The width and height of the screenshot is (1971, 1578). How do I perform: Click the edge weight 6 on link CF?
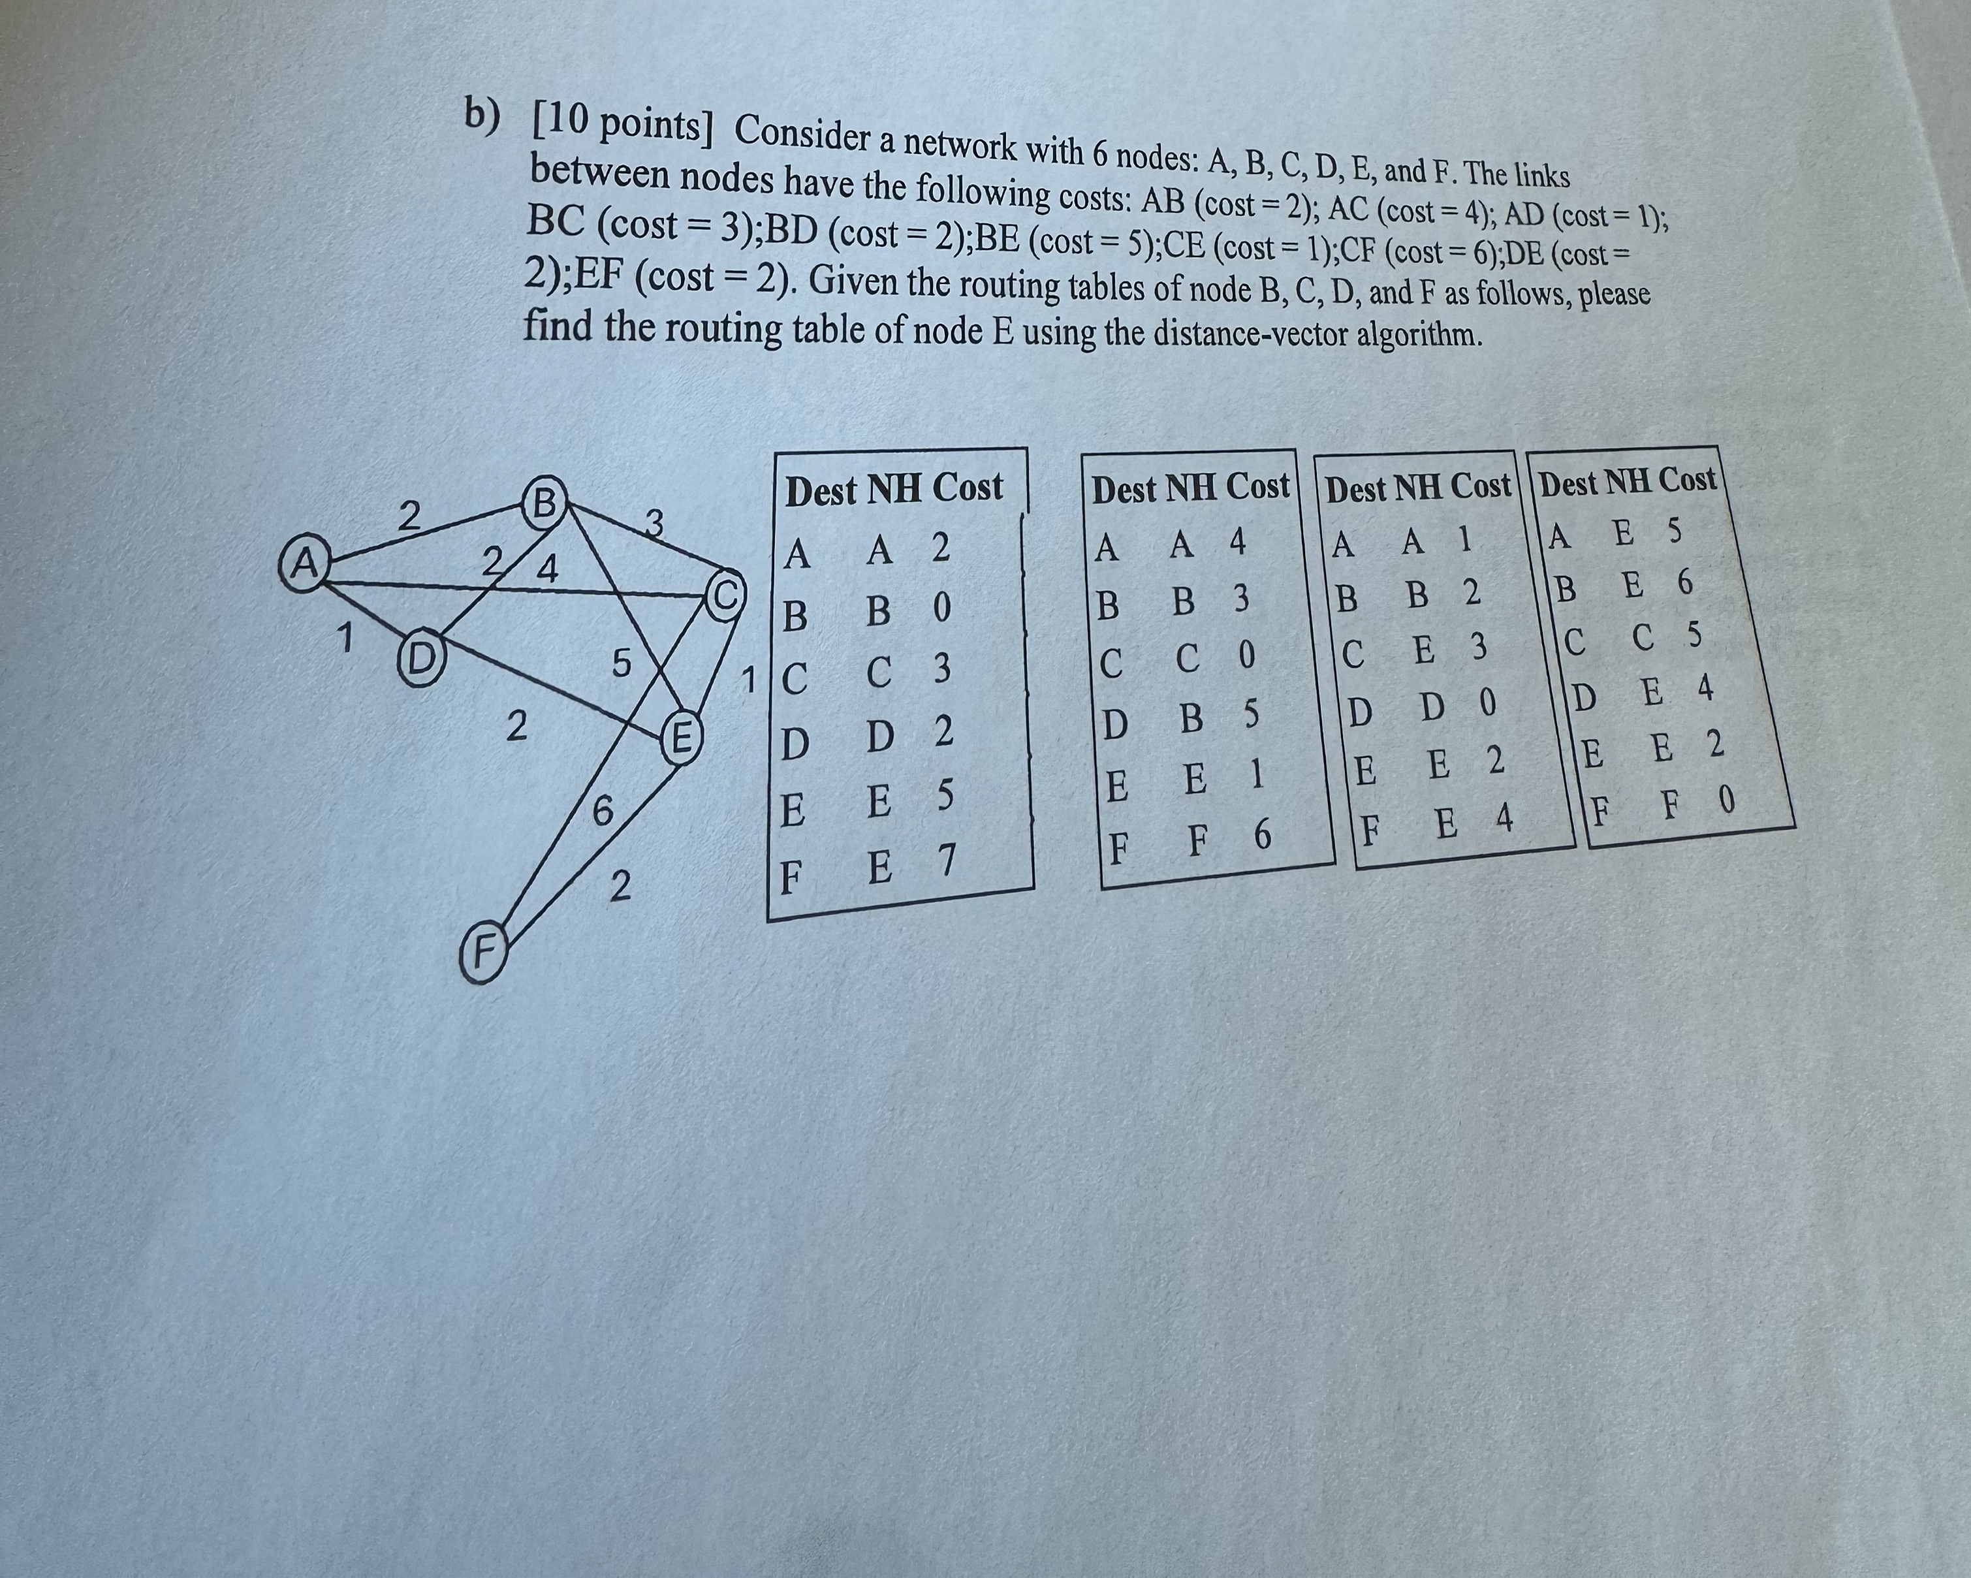[x=601, y=811]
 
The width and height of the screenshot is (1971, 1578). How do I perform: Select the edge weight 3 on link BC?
[x=653, y=523]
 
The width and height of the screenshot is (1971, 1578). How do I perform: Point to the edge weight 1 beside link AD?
[x=344, y=637]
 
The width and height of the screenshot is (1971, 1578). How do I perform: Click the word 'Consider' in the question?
[x=802, y=135]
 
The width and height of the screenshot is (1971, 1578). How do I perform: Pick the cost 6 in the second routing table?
[x=1261, y=835]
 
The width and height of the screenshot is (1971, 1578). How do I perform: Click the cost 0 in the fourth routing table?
[x=1725, y=799]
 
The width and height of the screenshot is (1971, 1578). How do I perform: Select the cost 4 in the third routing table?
[x=1504, y=819]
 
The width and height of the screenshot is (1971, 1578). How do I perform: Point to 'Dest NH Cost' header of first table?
[x=893, y=487]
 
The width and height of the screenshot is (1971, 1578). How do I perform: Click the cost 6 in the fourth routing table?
[x=1684, y=582]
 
